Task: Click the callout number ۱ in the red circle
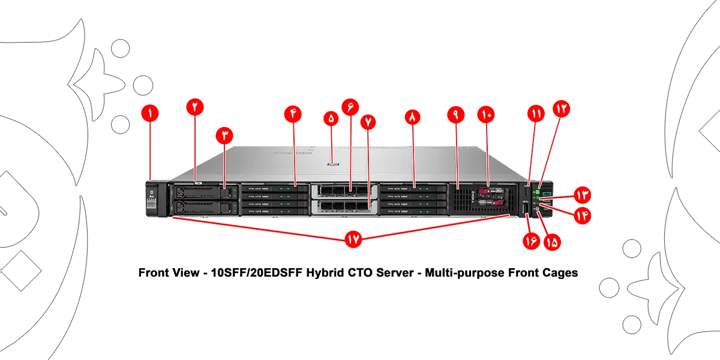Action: (x=149, y=112)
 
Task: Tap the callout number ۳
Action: (x=224, y=134)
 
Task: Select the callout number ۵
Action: (x=331, y=119)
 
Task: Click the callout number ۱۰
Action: (x=486, y=114)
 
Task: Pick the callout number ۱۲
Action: (x=561, y=109)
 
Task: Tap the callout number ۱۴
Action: (x=583, y=215)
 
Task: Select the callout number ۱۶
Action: (x=530, y=242)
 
